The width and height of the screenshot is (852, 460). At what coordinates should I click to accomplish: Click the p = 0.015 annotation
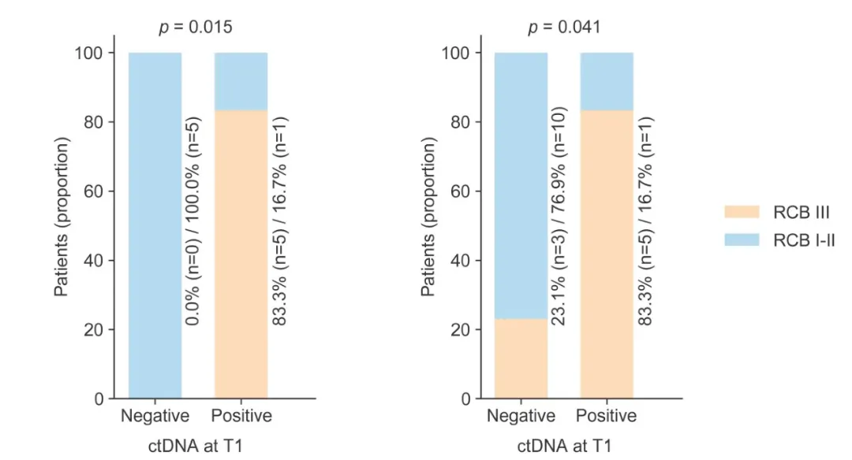tap(196, 27)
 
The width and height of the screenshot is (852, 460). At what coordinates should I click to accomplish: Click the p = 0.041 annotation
tap(563, 27)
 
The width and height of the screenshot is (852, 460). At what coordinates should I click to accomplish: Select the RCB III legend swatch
tap(742, 212)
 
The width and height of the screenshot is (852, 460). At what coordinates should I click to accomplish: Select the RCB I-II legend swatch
tap(742, 240)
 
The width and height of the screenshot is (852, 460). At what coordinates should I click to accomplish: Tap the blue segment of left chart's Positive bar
tap(241, 81)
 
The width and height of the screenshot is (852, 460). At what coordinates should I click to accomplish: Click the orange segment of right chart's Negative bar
tap(521, 358)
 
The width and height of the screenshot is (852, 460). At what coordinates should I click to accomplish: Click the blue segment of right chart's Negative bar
tap(521, 185)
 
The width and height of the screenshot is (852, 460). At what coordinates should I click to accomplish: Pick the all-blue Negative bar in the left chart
tap(155, 225)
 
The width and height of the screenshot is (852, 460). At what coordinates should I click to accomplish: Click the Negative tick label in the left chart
tap(155, 416)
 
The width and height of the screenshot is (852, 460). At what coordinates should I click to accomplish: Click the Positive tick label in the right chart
tap(607, 416)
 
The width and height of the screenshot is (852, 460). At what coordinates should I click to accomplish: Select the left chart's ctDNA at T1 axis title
tap(197, 446)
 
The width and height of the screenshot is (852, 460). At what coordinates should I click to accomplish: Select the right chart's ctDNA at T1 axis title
tap(564, 446)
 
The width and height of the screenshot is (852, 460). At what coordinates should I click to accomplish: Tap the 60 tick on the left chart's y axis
tap(94, 191)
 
